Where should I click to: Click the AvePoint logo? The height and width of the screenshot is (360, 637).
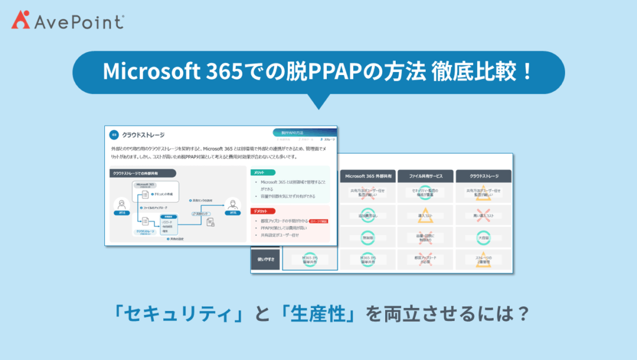coord(67,22)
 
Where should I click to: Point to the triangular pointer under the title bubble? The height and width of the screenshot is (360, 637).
coord(318,102)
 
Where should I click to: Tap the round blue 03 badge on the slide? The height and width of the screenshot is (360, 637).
coord(114,135)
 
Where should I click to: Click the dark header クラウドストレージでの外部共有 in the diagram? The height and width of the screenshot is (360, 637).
coord(143,173)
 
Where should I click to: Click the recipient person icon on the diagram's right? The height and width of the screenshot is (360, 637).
coord(232,205)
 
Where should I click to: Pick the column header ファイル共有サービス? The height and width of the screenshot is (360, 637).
coord(425,176)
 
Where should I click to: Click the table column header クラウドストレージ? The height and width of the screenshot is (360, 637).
coord(483,176)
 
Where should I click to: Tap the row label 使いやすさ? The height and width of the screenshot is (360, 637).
coord(265,258)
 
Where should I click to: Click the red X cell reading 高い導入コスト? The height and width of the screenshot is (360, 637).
coord(483,215)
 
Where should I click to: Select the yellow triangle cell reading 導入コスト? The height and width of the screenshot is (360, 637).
coord(425,215)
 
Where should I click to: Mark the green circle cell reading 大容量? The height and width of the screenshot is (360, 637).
coord(483,237)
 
